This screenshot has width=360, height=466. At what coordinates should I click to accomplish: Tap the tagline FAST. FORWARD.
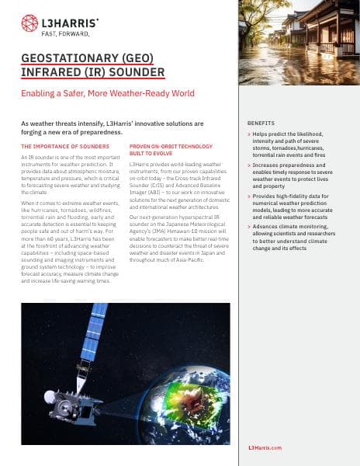(65, 34)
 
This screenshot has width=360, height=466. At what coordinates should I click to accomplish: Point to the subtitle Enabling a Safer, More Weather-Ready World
(107, 93)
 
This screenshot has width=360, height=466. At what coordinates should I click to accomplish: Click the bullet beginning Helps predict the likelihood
(299, 144)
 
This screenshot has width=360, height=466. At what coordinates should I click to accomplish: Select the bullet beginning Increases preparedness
(299, 176)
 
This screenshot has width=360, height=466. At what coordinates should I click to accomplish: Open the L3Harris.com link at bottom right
(265, 448)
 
